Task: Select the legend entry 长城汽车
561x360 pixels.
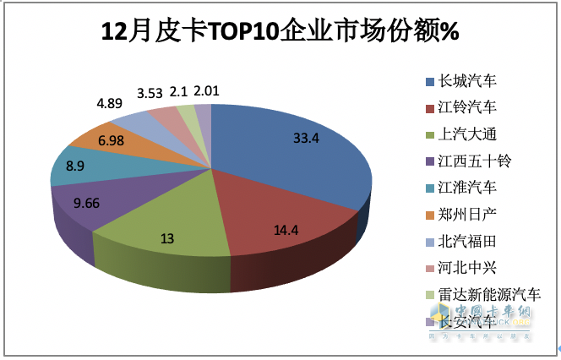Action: click(x=466, y=81)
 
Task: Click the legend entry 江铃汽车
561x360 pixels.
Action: click(x=466, y=108)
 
